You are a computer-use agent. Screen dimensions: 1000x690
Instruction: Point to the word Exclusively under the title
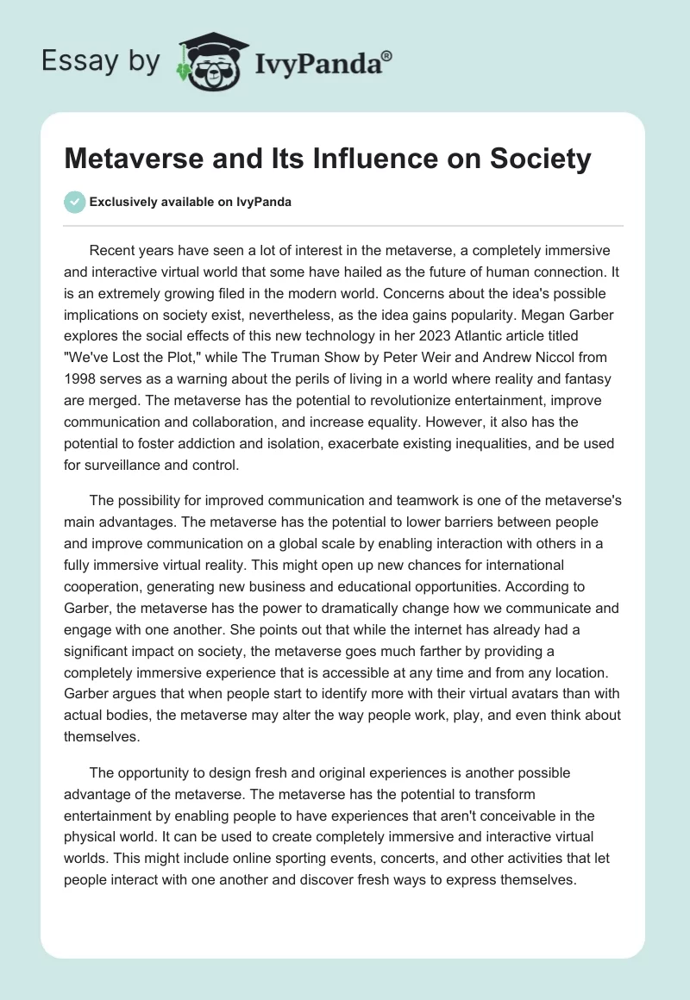pos(124,203)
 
